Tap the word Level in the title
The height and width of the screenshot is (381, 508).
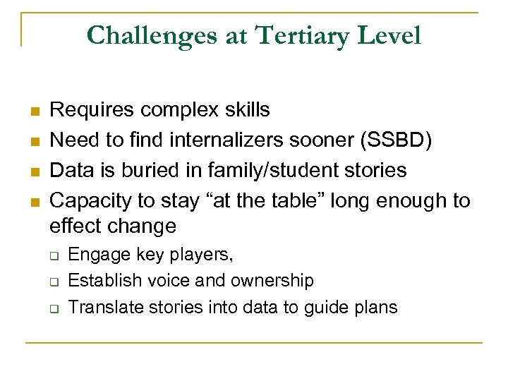(392, 35)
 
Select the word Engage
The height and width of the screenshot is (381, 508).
(95, 254)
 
